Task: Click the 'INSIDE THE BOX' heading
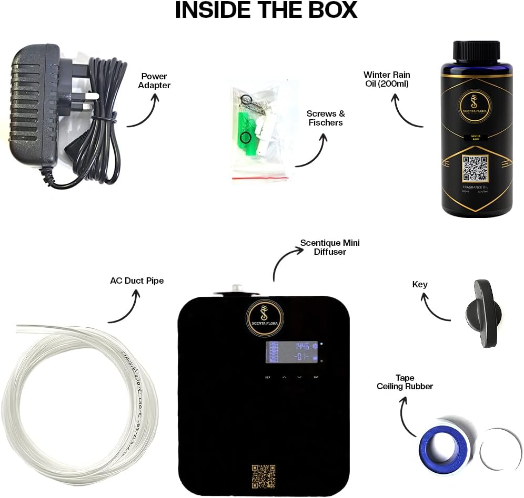(266, 11)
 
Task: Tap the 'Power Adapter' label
(154, 81)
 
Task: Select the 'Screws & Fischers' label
(326, 118)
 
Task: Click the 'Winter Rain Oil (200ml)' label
(387, 79)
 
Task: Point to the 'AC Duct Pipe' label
(137, 281)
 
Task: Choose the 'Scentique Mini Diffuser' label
(330, 247)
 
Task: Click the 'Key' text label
(420, 284)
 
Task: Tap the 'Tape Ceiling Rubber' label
(405, 382)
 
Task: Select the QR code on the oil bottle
(475, 168)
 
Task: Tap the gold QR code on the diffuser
(264, 475)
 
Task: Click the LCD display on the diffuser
(290, 351)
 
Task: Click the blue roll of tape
(443, 450)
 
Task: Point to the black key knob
(483, 314)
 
